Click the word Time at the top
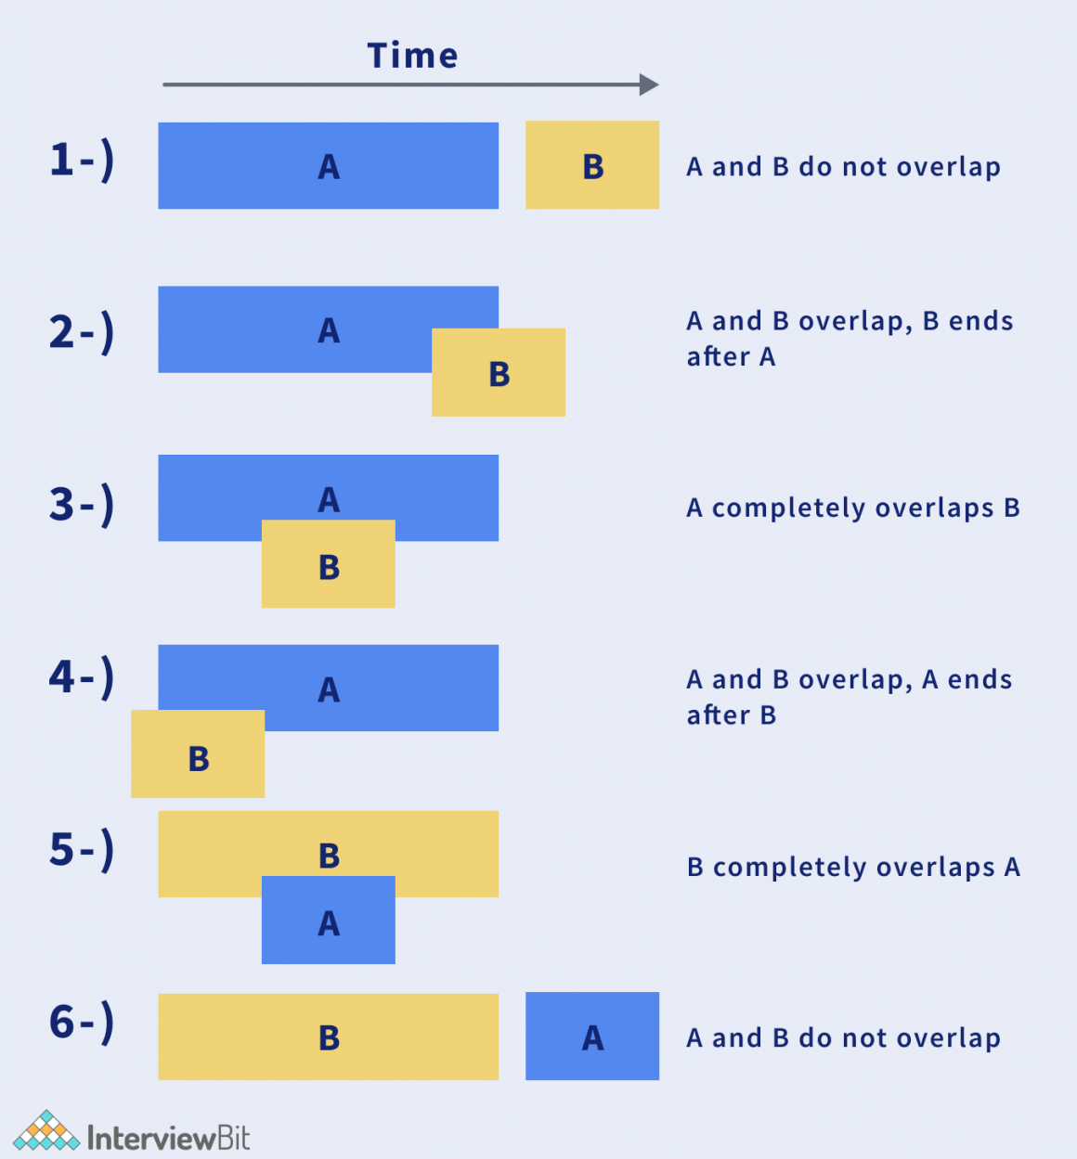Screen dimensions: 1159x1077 pos(412,56)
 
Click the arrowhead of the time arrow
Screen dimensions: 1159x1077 pos(650,85)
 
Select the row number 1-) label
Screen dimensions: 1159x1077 pos(82,160)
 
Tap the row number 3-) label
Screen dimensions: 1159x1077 pos(82,505)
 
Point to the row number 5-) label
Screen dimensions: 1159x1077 pos(82,850)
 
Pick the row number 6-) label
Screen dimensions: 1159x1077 pos(82,1023)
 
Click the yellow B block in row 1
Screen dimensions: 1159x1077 pos(592,165)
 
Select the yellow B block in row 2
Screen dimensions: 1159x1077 pos(499,373)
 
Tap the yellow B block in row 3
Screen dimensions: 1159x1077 pos(329,565)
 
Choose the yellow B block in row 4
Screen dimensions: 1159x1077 pos(198,754)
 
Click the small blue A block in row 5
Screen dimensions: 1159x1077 pos(329,921)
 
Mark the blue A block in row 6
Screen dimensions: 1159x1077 pos(592,1037)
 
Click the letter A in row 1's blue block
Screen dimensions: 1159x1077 pos(329,168)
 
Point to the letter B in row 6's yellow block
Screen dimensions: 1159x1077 pos(329,1038)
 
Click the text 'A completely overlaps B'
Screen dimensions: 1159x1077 pos(853,509)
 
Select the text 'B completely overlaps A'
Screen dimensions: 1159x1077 pos(853,868)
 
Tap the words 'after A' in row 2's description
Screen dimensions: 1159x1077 pos(731,357)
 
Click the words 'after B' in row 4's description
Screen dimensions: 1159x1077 pos(731,715)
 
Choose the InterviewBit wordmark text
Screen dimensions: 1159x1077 pos(168,1138)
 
